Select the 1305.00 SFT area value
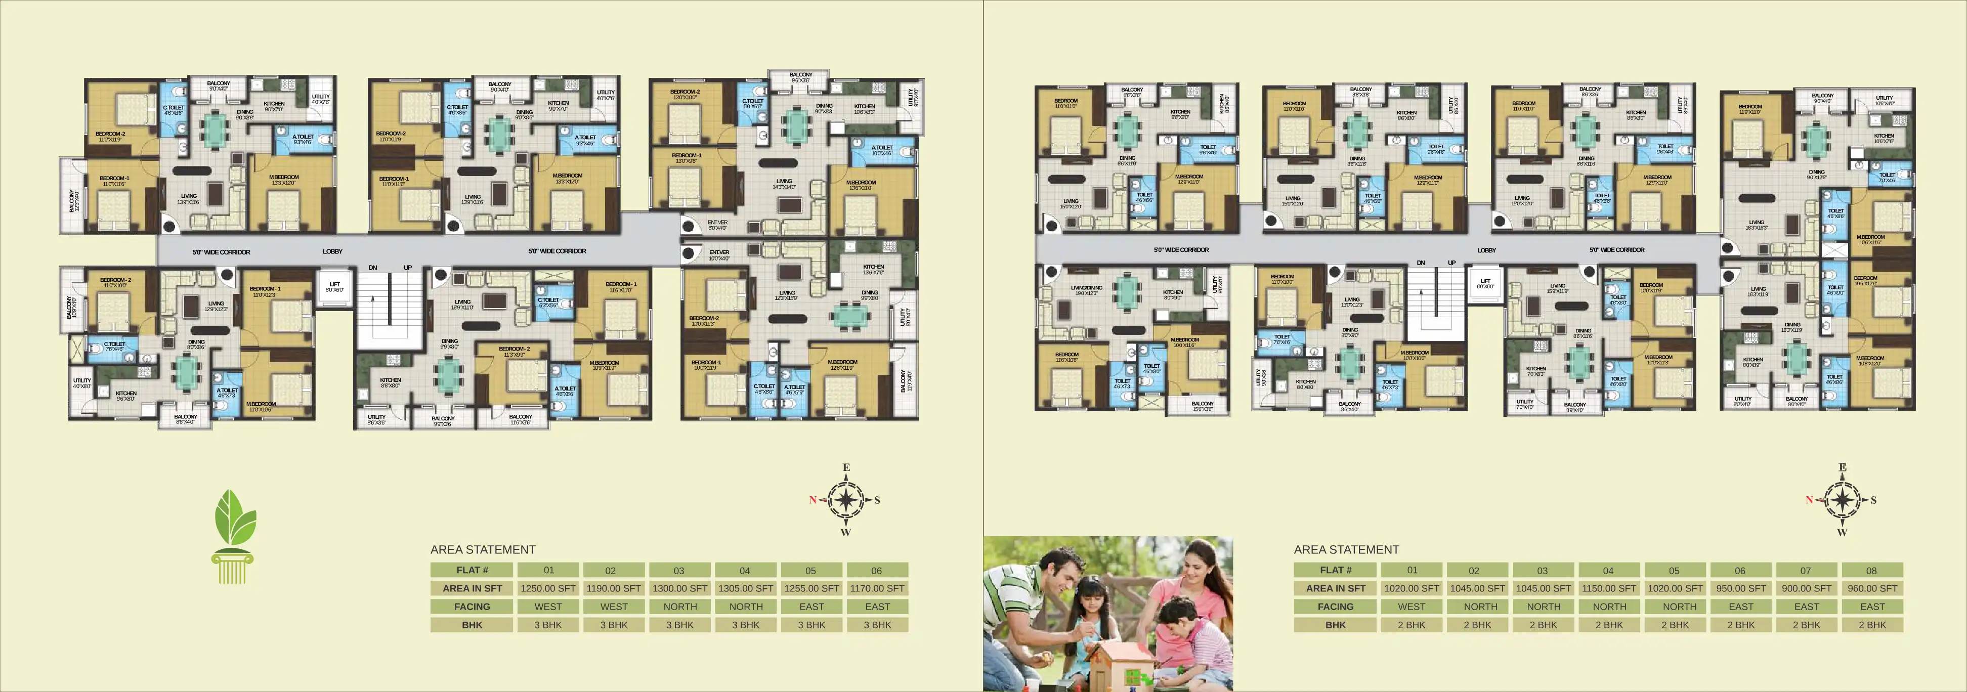(x=745, y=588)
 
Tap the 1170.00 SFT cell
(x=877, y=588)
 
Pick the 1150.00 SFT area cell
(x=1609, y=588)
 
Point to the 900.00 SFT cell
(x=1806, y=588)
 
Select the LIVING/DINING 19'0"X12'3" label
(x=1087, y=290)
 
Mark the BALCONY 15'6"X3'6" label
(x=1202, y=406)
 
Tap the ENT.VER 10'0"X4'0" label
(x=718, y=255)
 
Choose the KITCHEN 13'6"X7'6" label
(x=873, y=270)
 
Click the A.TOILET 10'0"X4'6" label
(x=881, y=150)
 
